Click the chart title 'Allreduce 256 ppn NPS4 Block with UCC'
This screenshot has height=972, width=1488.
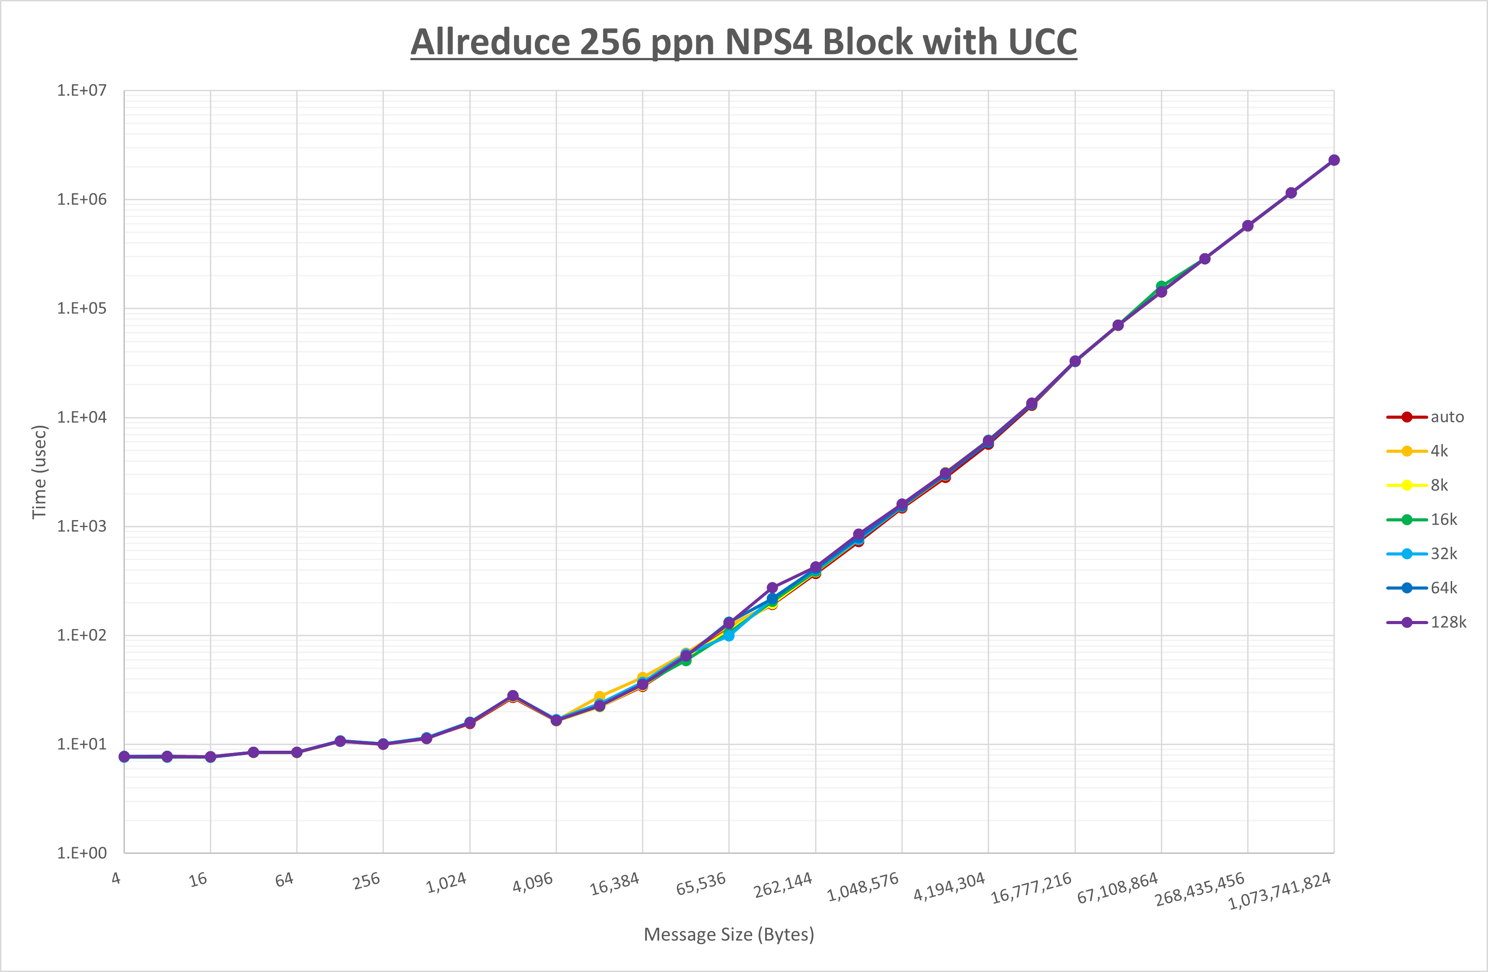pyautogui.click(x=743, y=42)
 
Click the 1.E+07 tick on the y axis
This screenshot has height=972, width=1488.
pyautogui.click(x=82, y=91)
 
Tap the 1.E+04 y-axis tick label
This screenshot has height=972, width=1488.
pyautogui.click(x=82, y=417)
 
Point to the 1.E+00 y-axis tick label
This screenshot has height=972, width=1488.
pyautogui.click(x=82, y=853)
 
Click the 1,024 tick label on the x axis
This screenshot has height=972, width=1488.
pyautogui.click(x=446, y=883)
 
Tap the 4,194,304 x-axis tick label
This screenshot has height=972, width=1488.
pyautogui.click(x=949, y=887)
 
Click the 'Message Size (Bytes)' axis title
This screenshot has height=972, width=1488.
pyautogui.click(x=729, y=934)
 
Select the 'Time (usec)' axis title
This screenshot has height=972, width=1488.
pyautogui.click(x=39, y=472)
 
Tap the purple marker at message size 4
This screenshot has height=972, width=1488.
pyautogui.click(x=124, y=756)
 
